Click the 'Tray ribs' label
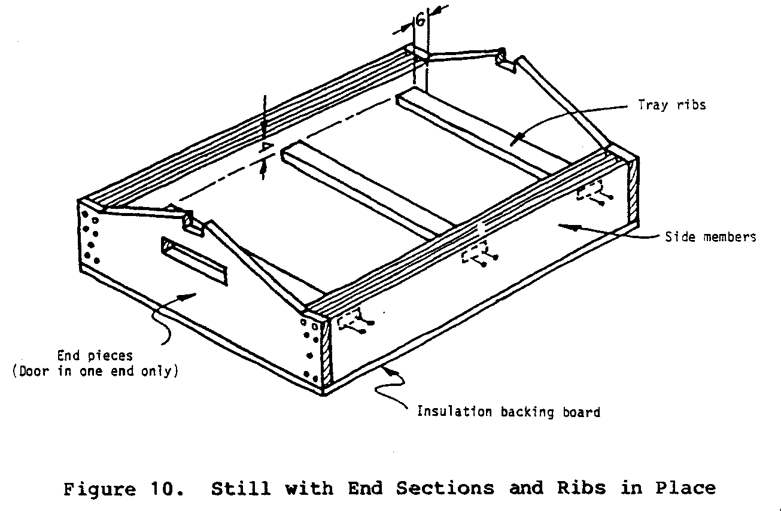(x=671, y=105)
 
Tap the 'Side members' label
(x=710, y=237)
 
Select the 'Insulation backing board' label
(x=508, y=412)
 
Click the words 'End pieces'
(x=95, y=355)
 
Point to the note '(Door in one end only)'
(x=95, y=371)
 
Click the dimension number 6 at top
(x=421, y=20)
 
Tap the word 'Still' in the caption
(x=239, y=488)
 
